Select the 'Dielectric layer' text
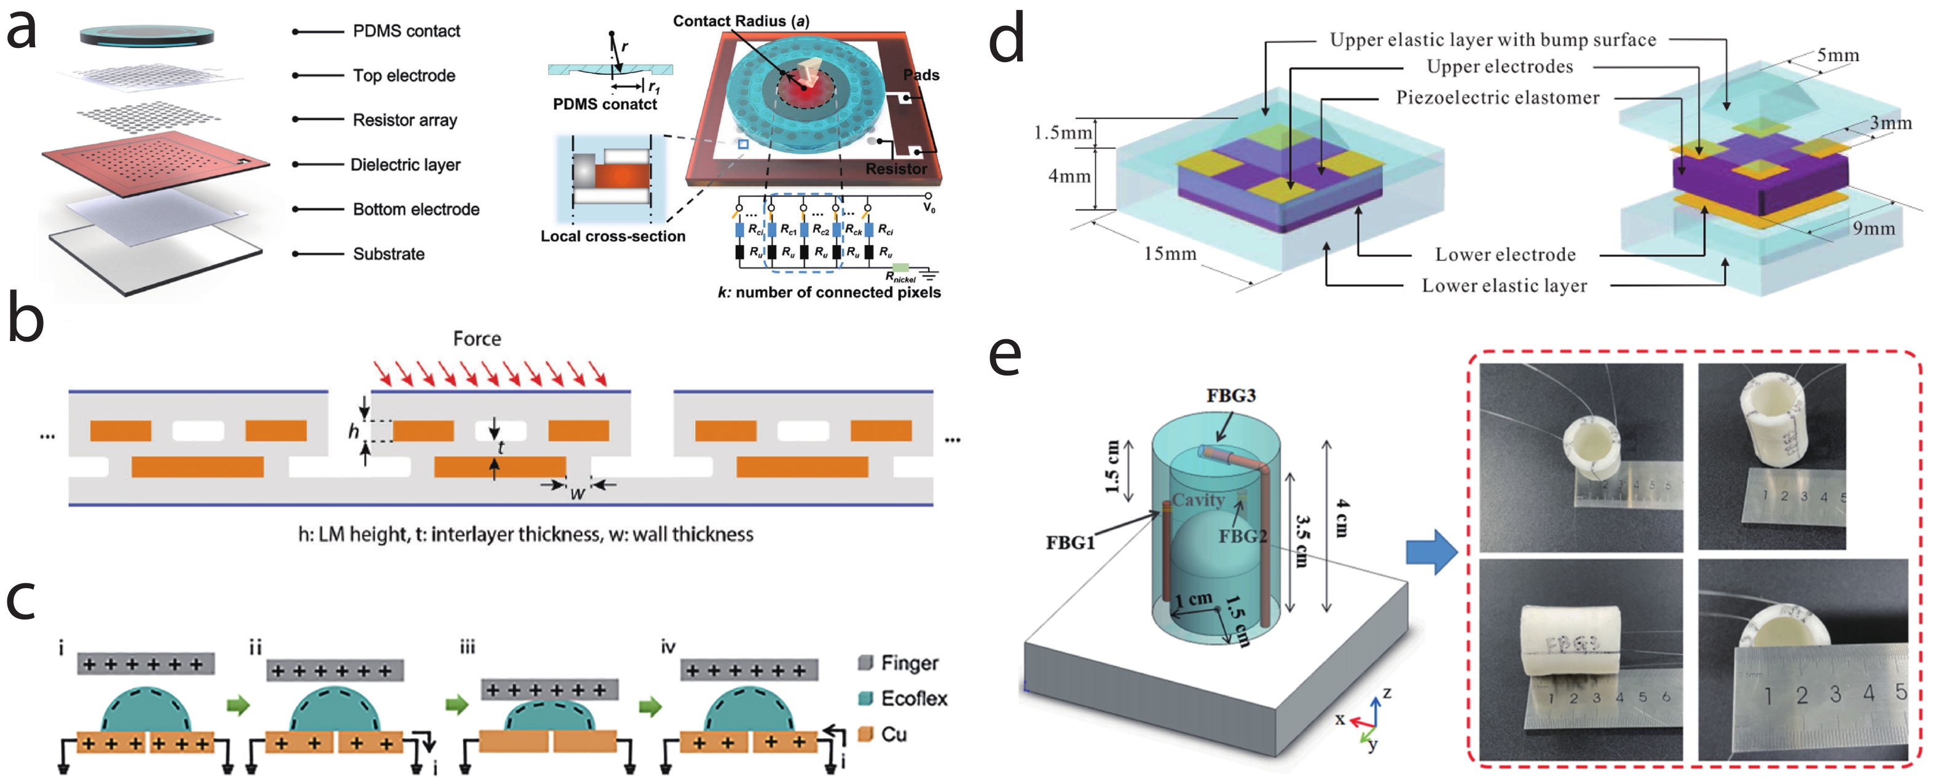[x=405, y=165]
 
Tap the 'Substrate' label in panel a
[x=388, y=254]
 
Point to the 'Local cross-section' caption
[x=613, y=236]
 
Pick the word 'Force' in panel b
[x=476, y=339]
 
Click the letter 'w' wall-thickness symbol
[x=576, y=494]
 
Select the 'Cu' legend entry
[x=893, y=734]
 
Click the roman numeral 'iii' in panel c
[x=468, y=647]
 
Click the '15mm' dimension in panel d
[x=1170, y=254]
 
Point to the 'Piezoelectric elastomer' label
[x=1497, y=98]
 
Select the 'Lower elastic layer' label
[x=1504, y=286]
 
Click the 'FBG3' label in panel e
[x=1230, y=395]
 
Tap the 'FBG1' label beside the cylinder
[x=1070, y=543]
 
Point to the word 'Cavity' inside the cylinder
[x=1198, y=500]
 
